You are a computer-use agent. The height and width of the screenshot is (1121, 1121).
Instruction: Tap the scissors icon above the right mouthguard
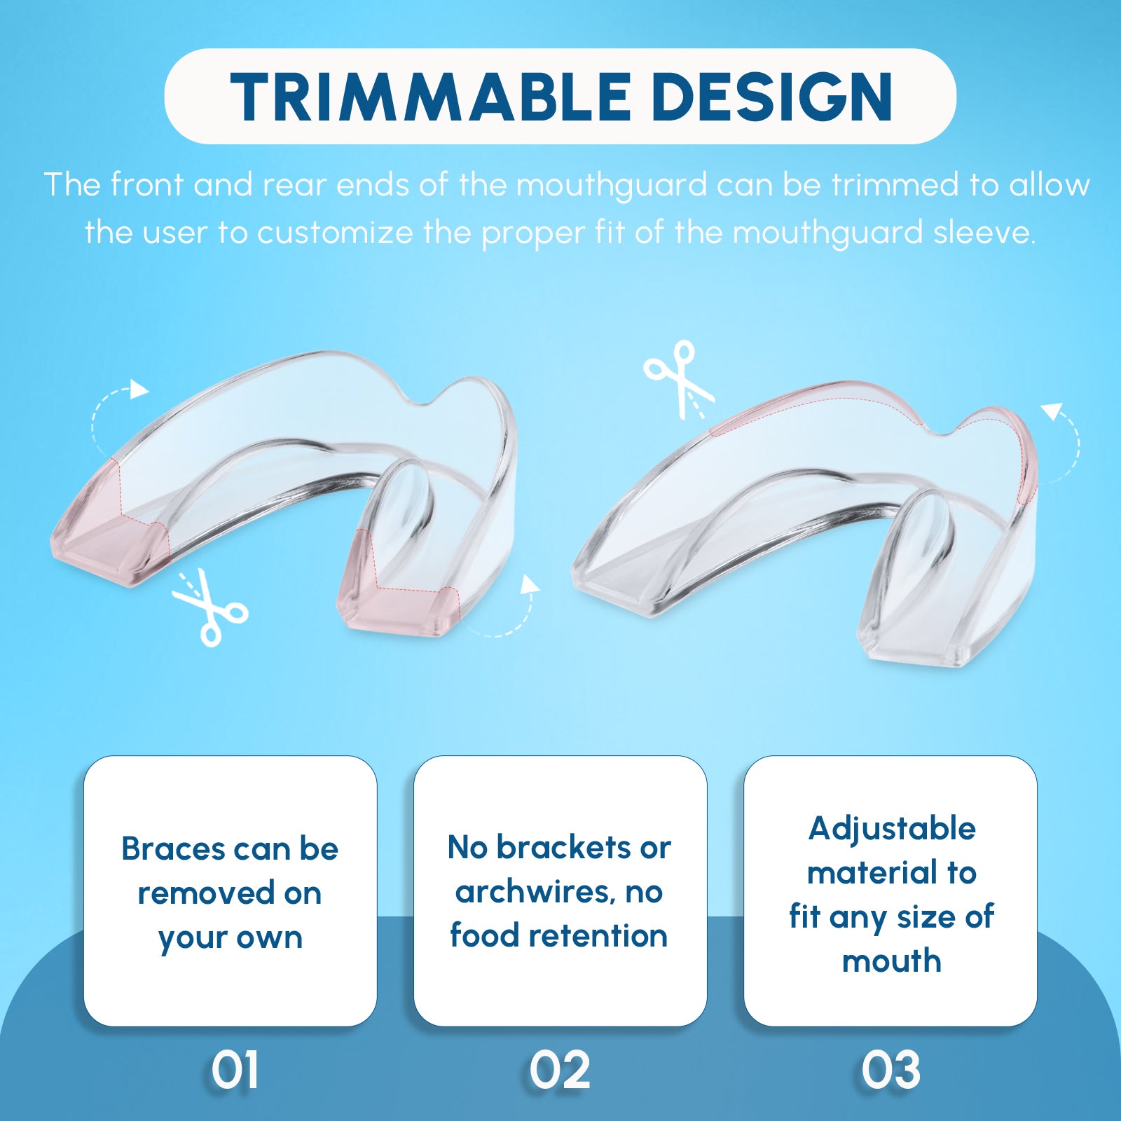point(679,379)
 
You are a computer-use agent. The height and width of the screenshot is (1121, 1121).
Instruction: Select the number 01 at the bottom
point(235,1070)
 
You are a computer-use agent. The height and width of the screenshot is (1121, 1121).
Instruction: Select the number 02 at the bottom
point(560,1070)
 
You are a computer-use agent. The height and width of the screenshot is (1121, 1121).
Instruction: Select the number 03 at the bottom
point(890,1070)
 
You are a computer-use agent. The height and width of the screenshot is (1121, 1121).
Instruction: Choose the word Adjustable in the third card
point(892,830)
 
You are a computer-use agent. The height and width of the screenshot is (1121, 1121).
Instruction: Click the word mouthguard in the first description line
point(612,186)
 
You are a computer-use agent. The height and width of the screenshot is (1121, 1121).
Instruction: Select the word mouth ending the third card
point(892,961)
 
